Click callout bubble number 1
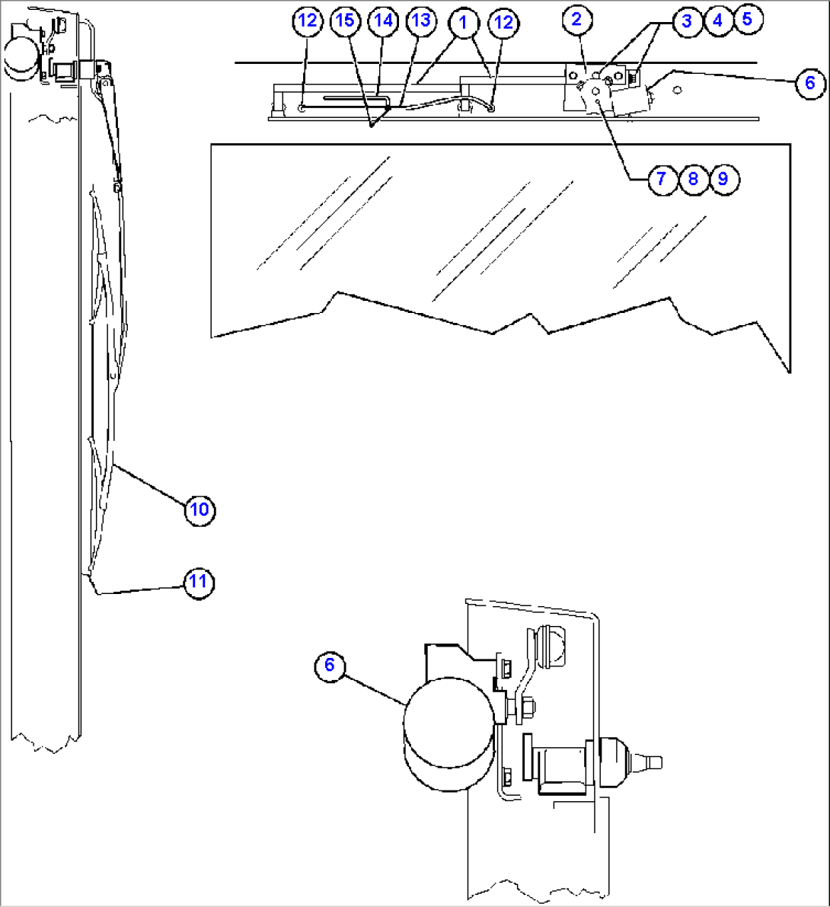click(462, 21)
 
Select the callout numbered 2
click(576, 20)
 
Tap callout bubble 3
click(686, 21)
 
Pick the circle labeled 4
click(717, 21)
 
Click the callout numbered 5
click(747, 19)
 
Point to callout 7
click(661, 179)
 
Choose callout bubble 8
click(692, 179)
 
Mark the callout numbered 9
click(723, 179)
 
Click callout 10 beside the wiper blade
click(199, 509)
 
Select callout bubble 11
click(198, 583)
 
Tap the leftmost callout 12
click(307, 21)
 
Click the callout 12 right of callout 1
click(503, 22)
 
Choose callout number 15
click(345, 21)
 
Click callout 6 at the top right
click(809, 81)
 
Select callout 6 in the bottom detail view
click(329, 665)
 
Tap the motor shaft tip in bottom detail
click(655, 761)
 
